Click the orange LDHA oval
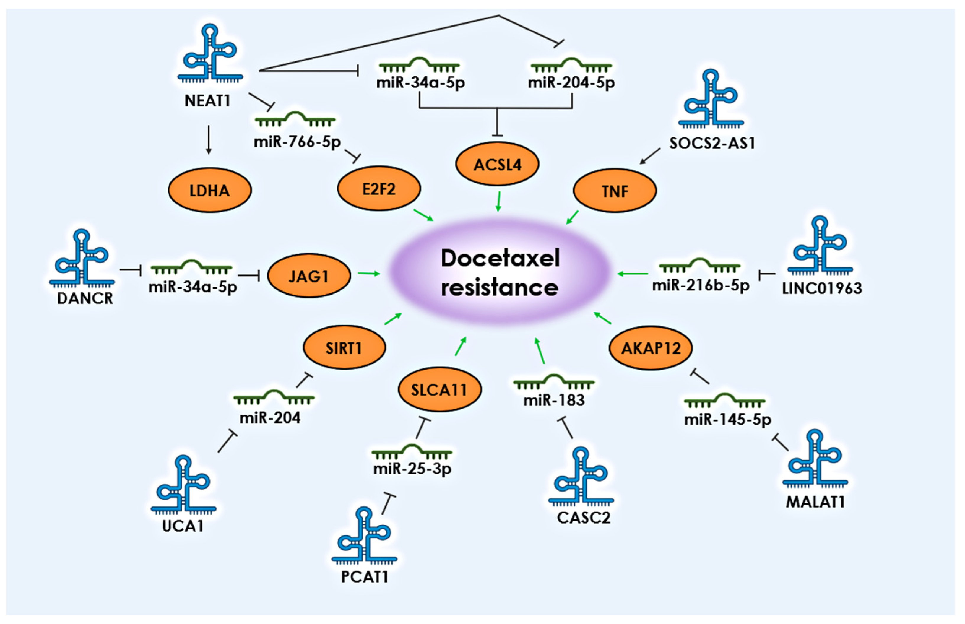click(209, 190)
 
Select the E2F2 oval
click(379, 188)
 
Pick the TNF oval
click(615, 191)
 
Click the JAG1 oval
click(309, 276)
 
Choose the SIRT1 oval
click(344, 347)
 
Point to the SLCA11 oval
click(440, 389)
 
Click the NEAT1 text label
click(207, 100)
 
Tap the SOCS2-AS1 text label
click(712, 143)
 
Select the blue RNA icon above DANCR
click(82, 257)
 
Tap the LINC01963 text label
click(822, 288)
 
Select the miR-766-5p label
click(297, 142)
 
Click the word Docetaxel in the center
click(500, 258)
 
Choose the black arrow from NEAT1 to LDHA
click(208, 140)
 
